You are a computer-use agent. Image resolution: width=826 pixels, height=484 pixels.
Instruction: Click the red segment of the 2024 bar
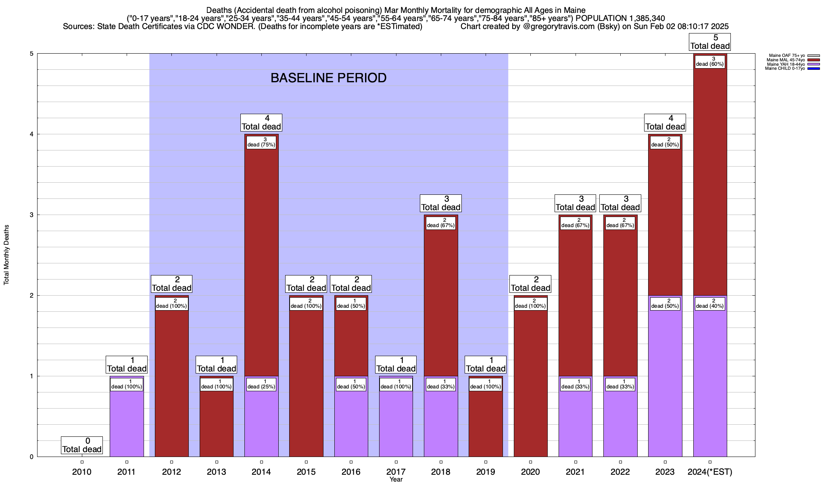pos(710,181)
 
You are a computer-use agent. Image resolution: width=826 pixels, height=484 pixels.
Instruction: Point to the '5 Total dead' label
pos(710,42)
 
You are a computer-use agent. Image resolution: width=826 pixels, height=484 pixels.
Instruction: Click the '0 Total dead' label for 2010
pos(82,445)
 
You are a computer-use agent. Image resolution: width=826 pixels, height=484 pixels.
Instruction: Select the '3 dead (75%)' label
pos(261,142)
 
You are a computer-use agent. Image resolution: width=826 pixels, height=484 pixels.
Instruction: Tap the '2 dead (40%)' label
pos(710,304)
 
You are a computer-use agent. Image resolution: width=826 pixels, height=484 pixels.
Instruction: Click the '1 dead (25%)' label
pos(261,384)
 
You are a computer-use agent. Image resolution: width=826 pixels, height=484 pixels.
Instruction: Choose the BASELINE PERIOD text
pos(328,78)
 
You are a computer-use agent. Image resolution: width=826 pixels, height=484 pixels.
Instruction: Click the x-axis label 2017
pos(396,471)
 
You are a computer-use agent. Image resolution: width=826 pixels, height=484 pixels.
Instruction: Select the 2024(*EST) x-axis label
pos(710,471)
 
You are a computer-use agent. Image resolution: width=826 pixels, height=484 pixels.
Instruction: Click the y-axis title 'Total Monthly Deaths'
pos(6,255)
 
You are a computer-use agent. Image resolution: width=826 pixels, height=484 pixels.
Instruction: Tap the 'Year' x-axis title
pos(396,480)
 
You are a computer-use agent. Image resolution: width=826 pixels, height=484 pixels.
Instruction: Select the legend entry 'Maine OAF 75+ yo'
pos(787,56)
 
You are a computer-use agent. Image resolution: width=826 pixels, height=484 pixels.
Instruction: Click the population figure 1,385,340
pos(641,19)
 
